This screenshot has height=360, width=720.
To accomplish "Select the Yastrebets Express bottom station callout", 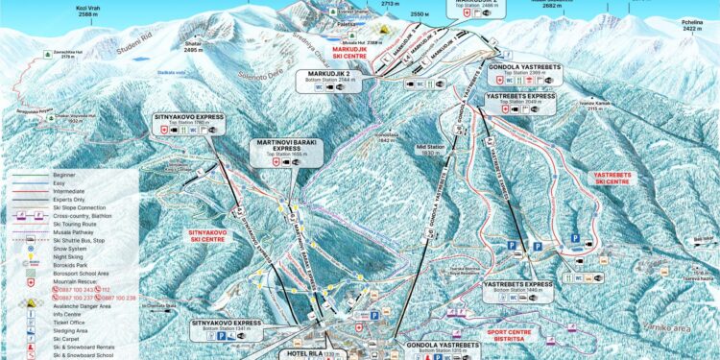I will [517, 289].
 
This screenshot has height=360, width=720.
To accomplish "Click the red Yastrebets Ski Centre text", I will [612, 179].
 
